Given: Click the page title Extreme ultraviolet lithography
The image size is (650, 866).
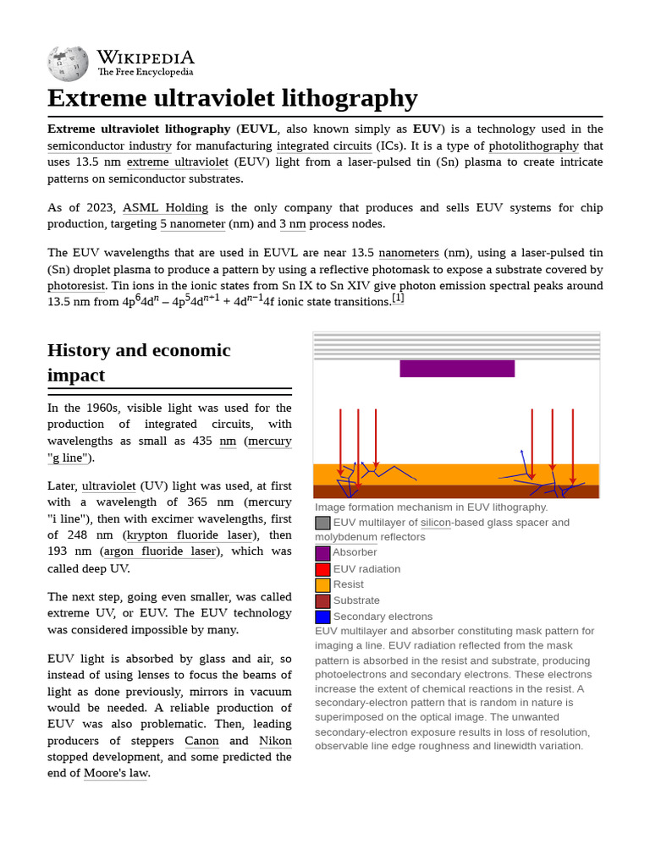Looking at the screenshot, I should tap(232, 98).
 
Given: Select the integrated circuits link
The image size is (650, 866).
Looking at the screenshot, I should tap(324, 145).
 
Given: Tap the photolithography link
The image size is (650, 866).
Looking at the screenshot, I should tap(534, 145).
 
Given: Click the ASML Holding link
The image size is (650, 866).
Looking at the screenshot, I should tap(165, 207).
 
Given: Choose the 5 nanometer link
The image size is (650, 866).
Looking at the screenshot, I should tap(193, 224).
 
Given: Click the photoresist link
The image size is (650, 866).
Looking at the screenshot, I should tap(76, 286).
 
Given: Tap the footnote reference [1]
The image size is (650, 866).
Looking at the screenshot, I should tap(398, 298).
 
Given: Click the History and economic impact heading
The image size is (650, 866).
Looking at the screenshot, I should tap(139, 362).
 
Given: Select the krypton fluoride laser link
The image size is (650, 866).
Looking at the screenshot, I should tap(190, 534).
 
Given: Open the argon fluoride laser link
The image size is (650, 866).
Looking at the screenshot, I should tap(161, 551).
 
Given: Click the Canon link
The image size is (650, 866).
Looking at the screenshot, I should tap(201, 741).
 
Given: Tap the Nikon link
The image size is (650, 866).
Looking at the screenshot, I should tap(275, 741).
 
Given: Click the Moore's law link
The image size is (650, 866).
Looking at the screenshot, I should tap(115, 773).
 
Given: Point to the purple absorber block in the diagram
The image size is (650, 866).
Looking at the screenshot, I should tap(457, 369).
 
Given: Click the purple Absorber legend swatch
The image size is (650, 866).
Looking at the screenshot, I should tap(322, 553).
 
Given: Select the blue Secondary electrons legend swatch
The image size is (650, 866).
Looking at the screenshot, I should tap(322, 617).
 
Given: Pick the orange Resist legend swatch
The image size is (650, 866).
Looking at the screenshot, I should tap(322, 585).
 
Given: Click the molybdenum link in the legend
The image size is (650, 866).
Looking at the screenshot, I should tap(346, 537).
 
